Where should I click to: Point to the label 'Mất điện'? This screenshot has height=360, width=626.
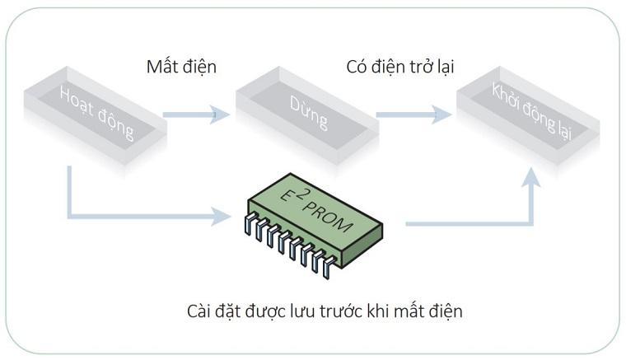click(x=181, y=67)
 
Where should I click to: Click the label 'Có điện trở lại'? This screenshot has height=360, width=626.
click(x=399, y=67)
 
